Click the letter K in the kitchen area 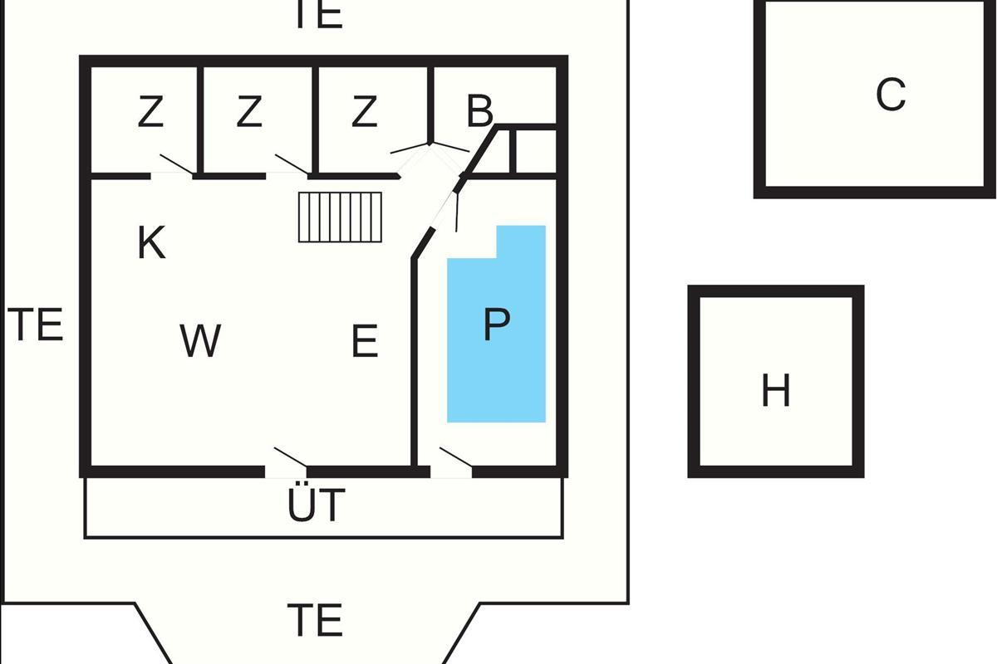pyautogui.click(x=151, y=242)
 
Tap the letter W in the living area pyautogui.click(x=200, y=340)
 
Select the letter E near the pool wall pyautogui.click(x=365, y=341)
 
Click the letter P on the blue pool pyautogui.click(x=496, y=325)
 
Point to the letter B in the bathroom pyautogui.click(x=480, y=112)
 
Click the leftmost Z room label pyautogui.click(x=150, y=113)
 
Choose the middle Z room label pyautogui.click(x=249, y=113)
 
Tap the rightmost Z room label pyautogui.click(x=364, y=113)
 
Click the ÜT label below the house pyautogui.click(x=317, y=505)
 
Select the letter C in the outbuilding pyautogui.click(x=890, y=95)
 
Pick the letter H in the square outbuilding pyautogui.click(x=775, y=391)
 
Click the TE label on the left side pyautogui.click(x=38, y=325)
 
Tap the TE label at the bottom pyautogui.click(x=315, y=620)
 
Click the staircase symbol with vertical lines pyautogui.click(x=341, y=217)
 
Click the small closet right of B pyautogui.click(x=534, y=151)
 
